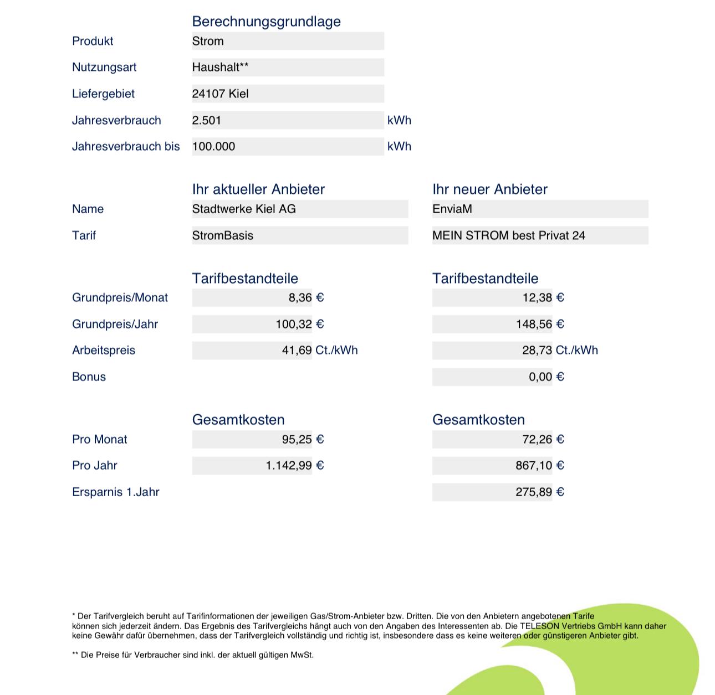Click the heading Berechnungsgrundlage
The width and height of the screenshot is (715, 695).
pos(266,22)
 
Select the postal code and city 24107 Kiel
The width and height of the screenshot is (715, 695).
pos(220,94)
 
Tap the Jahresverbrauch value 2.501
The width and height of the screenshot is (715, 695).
pos(206,120)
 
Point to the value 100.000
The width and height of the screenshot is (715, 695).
pos(213,146)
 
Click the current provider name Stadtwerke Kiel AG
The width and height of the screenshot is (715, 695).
pos(244,209)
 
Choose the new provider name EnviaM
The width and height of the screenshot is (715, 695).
pos(452,209)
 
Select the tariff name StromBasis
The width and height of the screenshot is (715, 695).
pos(222,235)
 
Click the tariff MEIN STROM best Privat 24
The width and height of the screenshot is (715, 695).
pos(508,235)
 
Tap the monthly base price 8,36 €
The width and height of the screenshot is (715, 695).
pos(306,297)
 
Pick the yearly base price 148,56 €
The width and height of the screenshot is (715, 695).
pos(540,324)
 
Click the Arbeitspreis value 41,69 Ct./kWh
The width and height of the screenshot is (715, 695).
pos(319,350)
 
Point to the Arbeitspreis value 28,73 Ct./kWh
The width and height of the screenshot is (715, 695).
pos(560,350)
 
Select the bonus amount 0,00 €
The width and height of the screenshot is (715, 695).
pos(546,377)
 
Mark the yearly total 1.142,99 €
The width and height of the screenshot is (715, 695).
pos(294,465)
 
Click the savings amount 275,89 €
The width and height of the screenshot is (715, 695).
pos(539,492)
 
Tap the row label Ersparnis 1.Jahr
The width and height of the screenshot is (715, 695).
pos(115,492)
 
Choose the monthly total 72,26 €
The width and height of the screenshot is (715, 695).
pos(543,439)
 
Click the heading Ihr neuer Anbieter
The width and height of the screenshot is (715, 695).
pos(489,189)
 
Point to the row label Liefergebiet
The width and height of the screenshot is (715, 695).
pos(103,94)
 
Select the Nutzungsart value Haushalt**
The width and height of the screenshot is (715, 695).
pos(220,67)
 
